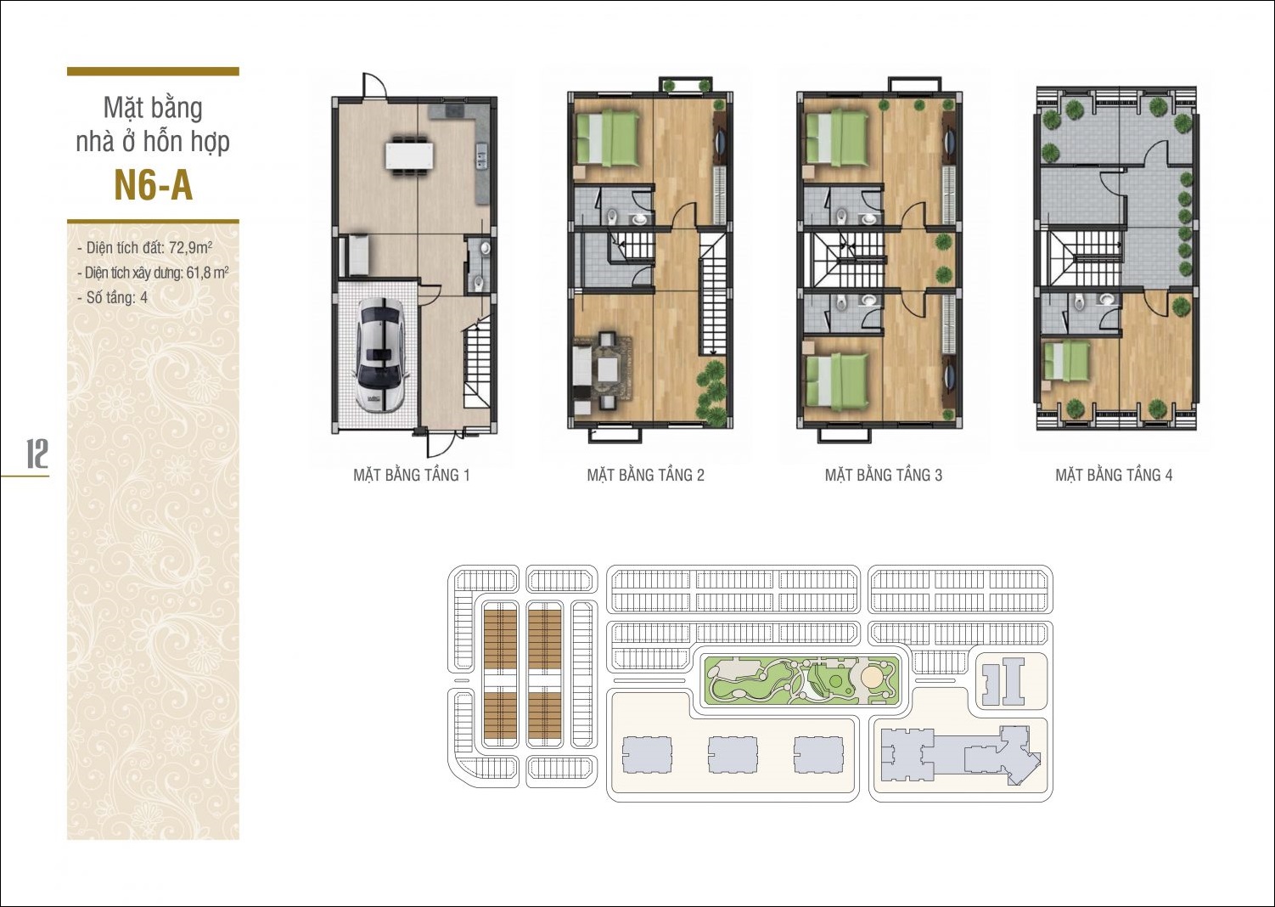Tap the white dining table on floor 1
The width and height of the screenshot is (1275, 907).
[408, 155]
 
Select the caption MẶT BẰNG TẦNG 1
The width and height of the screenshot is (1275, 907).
[412, 475]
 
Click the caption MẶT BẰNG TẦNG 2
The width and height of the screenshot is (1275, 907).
[645, 475]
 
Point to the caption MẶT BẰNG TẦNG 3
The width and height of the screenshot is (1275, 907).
[884, 475]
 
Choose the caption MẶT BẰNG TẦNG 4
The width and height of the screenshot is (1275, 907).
[1114, 475]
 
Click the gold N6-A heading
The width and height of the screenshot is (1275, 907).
[154, 186]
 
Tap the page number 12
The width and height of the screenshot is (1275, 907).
[37, 453]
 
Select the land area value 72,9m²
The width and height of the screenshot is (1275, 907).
[191, 248]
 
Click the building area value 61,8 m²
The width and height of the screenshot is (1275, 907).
[208, 273]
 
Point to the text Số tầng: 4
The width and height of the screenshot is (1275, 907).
[116, 297]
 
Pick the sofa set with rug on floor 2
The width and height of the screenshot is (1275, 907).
[602, 373]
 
